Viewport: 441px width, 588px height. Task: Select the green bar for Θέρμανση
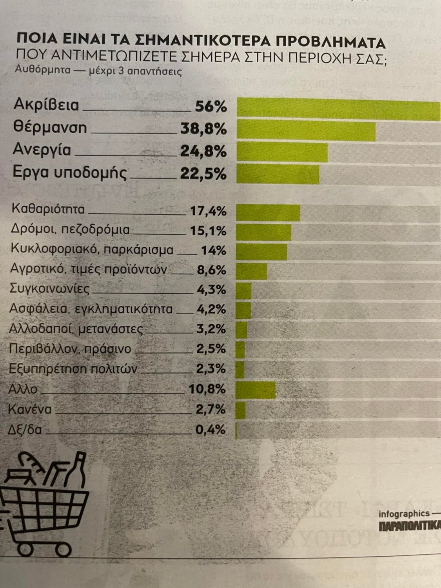pyautogui.click(x=306, y=131)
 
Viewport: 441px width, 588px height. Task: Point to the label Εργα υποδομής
pyautogui.click(x=70, y=173)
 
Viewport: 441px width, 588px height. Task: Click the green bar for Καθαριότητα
pyautogui.click(x=268, y=213)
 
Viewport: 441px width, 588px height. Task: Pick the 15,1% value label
pyautogui.click(x=208, y=231)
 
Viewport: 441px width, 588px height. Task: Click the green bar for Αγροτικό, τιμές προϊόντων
pyautogui.click(x=252, y=271)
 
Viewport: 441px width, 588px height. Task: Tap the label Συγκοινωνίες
pyautogui.click(x=49, y=290)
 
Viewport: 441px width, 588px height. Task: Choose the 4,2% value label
pyautogui.click(x=211, y=309)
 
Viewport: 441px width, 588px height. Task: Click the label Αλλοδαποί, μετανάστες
pyautogui.click(x=76, y=329)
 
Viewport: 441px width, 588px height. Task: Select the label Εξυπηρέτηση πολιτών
pyautogui.click(x=73, y=369)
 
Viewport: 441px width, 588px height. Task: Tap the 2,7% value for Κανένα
pyautogui.click(x=211, y=410)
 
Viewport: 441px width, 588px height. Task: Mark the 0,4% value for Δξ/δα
pyautogui.click(x=211, y=430)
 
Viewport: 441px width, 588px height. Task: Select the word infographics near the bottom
pyautogui.click(x=404, y=514)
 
